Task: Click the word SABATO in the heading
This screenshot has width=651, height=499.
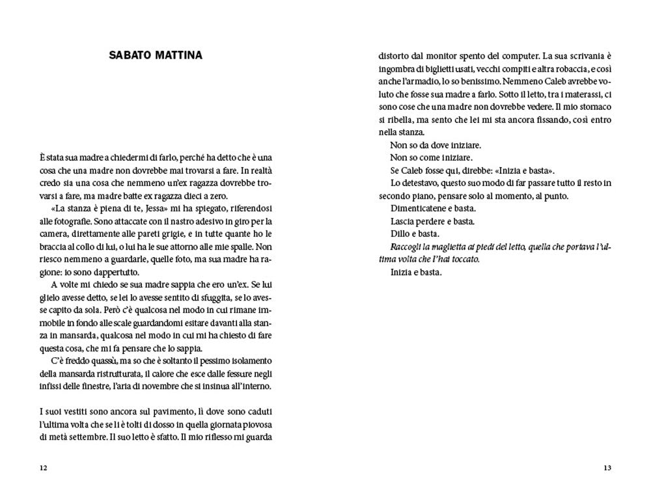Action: [x=127, y=56]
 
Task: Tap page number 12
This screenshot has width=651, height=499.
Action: [x=44, y=468]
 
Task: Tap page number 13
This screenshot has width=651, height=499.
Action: [x=607, y=468]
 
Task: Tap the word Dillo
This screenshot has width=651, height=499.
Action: [x=400, y=234]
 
